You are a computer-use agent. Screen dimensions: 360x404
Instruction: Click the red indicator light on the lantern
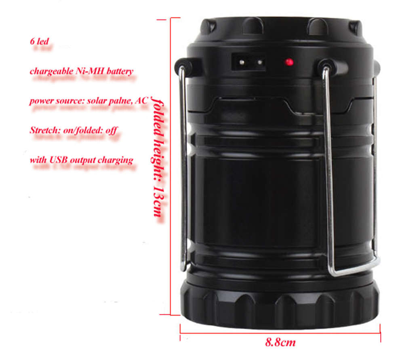tap(288, 62)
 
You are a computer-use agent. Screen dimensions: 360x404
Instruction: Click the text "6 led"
tap(40, 41)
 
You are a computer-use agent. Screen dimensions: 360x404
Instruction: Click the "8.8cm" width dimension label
tap(280, 343)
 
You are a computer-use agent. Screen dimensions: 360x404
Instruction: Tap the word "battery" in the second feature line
tap(119, 71)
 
